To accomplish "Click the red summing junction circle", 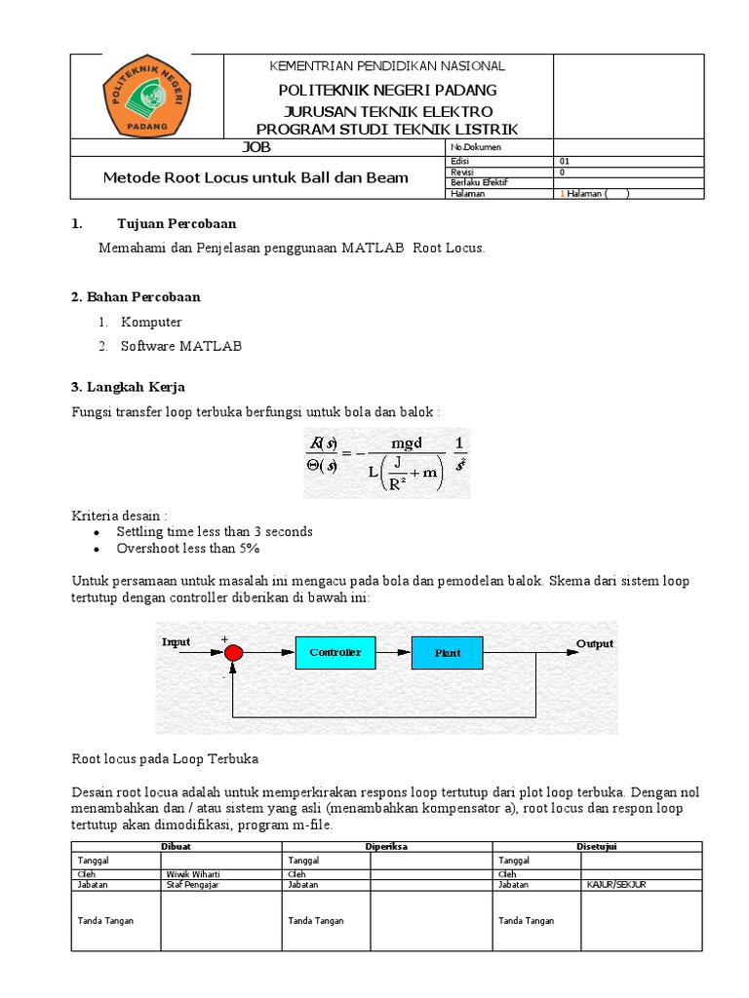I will [232, 653].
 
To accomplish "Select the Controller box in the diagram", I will [335, 652].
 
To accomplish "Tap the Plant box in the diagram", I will [448, 652].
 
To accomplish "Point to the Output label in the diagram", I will [595, 644].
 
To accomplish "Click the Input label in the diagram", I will [177, 642].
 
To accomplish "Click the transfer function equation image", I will [386, 463].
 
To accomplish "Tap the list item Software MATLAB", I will [181, 346].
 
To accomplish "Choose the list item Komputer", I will [151, 322].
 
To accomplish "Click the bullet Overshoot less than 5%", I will [187, 549].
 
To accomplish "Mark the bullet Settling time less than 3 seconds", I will [215, 532].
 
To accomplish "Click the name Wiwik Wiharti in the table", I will [192, 874].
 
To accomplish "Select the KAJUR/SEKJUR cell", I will [616, 885].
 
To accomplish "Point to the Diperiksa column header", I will [386, 847].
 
